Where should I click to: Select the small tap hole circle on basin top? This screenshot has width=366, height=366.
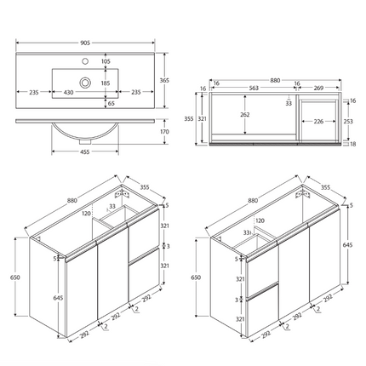[86, 62]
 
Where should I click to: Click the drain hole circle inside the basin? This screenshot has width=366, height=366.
[86, 83]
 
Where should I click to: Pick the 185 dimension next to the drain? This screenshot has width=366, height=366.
[106, 83]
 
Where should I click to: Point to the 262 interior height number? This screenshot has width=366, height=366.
[244, 114]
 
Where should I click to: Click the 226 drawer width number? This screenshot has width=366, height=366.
[317, 120]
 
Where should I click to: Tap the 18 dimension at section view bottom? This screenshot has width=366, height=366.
[352, 144]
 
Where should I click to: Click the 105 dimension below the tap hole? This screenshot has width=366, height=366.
[106, 62]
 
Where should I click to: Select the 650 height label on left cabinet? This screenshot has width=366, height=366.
[16, 277]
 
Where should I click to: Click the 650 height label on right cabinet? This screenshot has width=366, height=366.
[197, 277]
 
